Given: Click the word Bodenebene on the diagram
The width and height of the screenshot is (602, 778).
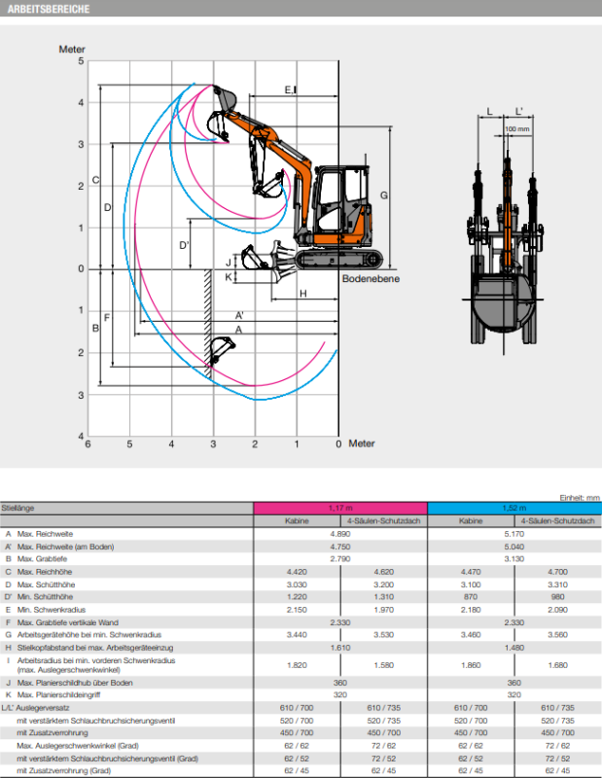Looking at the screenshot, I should tap(371, 279).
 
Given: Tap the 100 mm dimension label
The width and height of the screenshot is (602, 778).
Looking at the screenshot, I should tap(517, 128).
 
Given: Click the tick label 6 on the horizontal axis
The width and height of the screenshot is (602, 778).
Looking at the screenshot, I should tap(89, 444).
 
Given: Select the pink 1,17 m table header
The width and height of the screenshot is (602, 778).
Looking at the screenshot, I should tap(340, 508).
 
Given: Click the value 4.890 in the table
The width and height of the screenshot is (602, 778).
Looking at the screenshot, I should tap(340, 534).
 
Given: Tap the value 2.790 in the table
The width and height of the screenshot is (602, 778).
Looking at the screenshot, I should tap(340, 559).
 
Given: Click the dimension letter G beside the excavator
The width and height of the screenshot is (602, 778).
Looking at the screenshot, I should tap(384, 195).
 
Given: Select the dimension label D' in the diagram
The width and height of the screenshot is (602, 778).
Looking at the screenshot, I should tap(185, 245).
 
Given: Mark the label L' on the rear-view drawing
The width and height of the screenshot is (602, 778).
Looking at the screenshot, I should tap(519, 111).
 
